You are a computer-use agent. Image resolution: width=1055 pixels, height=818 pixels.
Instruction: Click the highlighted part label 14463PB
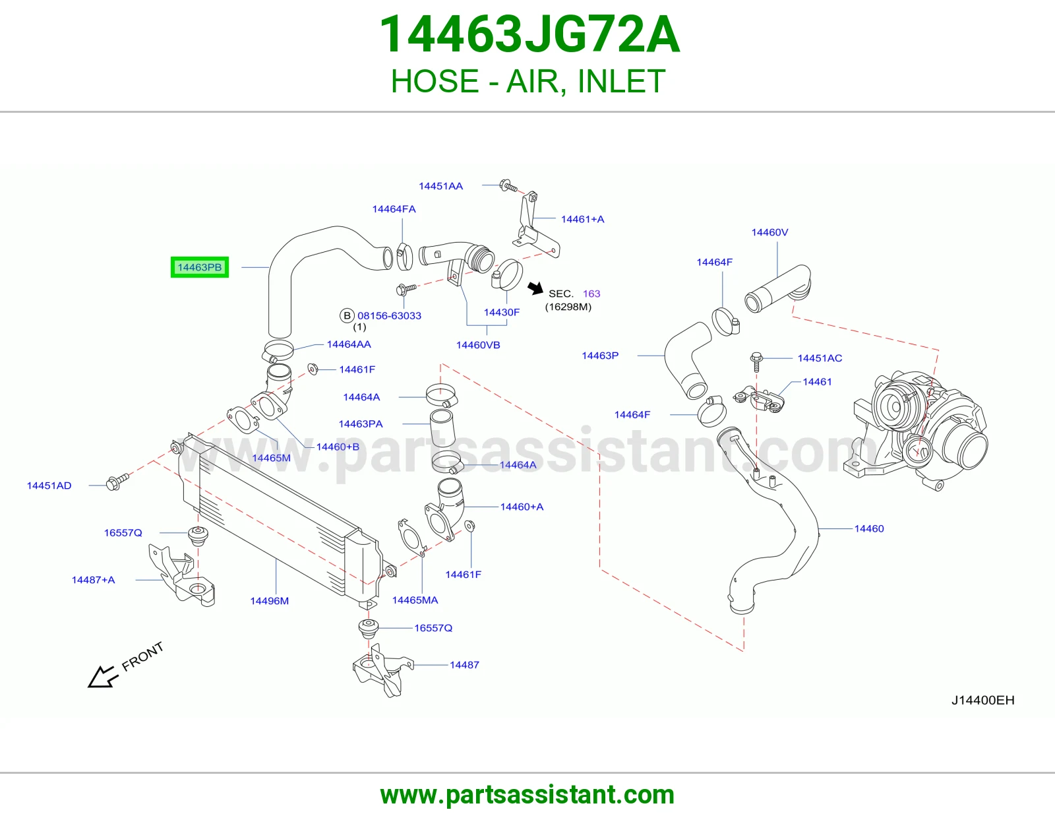(200, 267)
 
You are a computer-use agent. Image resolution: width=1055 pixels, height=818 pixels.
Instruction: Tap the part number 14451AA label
(441, 186)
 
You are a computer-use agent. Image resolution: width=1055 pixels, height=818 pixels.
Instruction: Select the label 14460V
(769, 232)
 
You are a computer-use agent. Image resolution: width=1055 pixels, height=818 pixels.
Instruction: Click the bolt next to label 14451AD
(117, 482)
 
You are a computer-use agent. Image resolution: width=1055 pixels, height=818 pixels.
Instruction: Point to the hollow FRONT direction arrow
(103, 677)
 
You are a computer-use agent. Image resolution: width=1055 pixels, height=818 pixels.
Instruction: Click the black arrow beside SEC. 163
(535, 288)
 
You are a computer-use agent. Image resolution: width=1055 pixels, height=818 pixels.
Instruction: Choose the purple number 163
(591, 294)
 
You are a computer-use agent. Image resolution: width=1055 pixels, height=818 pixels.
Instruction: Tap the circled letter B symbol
(347, 316)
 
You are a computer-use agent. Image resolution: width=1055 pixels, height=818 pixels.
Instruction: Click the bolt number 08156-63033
(390, 316)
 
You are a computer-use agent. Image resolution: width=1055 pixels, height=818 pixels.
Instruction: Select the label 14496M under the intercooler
(270, 601)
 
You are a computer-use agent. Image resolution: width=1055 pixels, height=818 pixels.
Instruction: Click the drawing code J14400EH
(982, 700)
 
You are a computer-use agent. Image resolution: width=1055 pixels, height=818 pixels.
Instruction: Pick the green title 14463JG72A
(529, 34)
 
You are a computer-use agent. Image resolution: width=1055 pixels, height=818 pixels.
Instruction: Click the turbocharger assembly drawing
(916, 430)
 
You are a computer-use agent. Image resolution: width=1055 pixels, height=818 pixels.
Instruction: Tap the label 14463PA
(361, 424)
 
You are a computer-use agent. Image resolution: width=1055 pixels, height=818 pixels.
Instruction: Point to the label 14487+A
(93, 579)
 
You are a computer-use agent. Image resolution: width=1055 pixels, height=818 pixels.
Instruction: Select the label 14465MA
(415, 600)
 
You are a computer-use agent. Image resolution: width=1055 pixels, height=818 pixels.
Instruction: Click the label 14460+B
(338, 447)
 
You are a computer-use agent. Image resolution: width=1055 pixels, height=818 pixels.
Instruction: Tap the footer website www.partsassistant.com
(527, 795)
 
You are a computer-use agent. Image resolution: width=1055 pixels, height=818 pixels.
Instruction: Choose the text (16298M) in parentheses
(568, 307)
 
